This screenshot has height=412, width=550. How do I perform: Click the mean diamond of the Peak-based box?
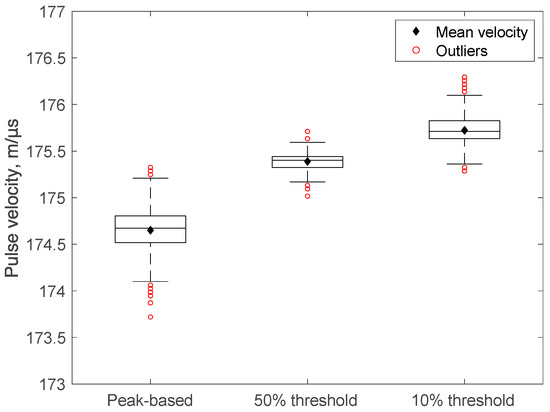(150, 230)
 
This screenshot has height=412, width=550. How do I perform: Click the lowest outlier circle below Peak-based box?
(150, 317)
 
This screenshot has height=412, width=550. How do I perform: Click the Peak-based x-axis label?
(150, 400)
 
